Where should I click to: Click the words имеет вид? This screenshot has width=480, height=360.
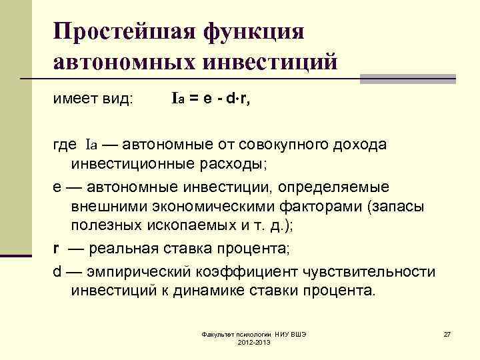point(93,99)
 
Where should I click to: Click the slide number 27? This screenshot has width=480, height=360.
point(448,333)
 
